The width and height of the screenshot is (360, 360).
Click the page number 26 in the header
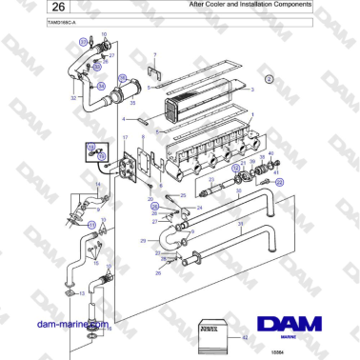point(28,7)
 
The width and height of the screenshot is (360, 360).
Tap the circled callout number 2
point(269,79)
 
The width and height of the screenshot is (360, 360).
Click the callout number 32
point(72,97)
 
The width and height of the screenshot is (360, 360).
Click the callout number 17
point(124,139)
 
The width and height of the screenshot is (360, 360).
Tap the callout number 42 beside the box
point(245,337)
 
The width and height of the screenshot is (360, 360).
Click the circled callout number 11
point(91,225)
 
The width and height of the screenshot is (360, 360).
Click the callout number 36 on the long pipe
point(240,225)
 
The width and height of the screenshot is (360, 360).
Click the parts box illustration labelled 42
point(213,334)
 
